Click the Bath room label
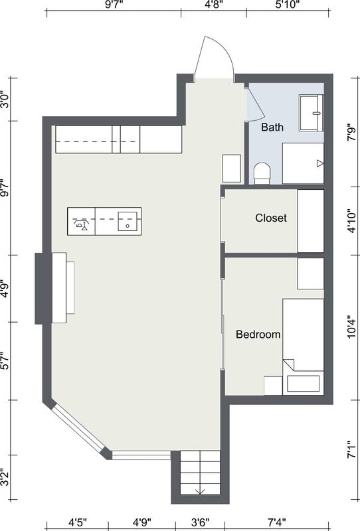pos(272,127)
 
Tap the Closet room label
pos(271,218)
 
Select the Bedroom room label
pos(258,335)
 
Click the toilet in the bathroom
pos(262,173)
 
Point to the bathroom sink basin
pos(311,113)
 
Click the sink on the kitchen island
pos(128,221)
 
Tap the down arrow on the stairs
pos(200,490)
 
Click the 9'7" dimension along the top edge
pos(113,5)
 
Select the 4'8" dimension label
pos(214,5)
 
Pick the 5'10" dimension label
pos(288,5)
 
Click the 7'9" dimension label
pos(352,133)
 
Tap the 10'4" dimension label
pos(352,327)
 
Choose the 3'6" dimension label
pos(201,522)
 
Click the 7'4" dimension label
pos(276,522)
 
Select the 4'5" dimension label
pos(78,522)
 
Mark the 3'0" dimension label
pos(5,99)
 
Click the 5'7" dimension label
pos(5,361)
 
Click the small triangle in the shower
pos(320,163)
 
